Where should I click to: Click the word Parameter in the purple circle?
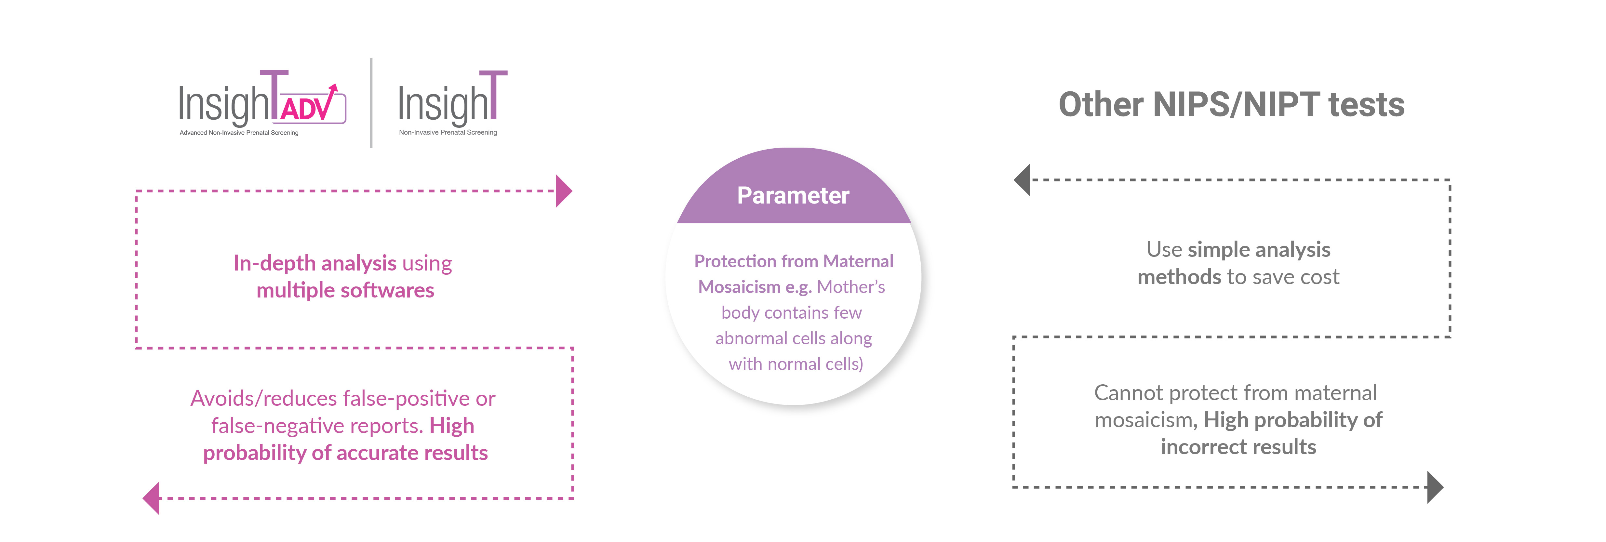pos(793,196)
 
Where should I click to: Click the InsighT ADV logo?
pos(262,103)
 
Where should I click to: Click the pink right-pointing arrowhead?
pos(564,191)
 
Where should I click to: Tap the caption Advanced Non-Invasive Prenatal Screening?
pos(239,133)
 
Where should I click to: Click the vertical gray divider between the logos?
pos(371,103)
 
